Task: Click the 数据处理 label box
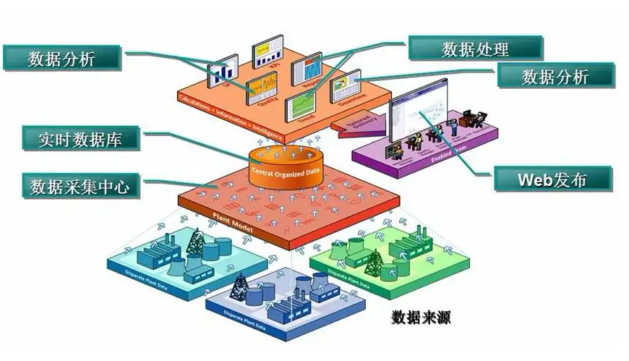(475, 48)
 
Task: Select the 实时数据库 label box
(79, 139)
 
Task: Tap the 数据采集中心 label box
(79, 186)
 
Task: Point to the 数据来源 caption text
(422, 317)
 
